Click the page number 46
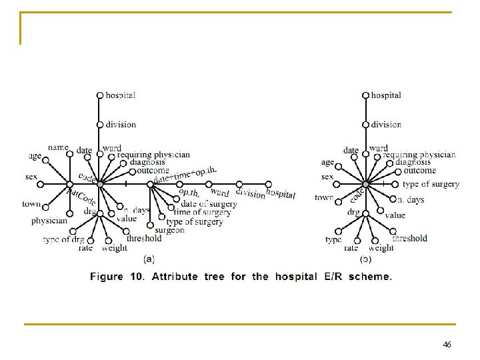coord(447,344)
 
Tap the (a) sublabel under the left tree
coord(149,258)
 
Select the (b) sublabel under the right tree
coord(366,258)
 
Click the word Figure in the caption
coord(107,276)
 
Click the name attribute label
coord(58,147)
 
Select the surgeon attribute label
coord(169,230)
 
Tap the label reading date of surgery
coord(209,204)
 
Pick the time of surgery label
coord(202,213)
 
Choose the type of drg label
coord(63,239)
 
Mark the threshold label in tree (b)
coord(409,238)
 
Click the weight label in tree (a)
coord(115,248)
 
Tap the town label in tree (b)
coord(324,197)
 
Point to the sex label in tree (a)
coord(31,177)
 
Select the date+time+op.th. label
coord(185,175)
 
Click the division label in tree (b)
coord(386,124)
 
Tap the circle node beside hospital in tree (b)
coord(365,95)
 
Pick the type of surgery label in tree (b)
coord(431,184)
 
